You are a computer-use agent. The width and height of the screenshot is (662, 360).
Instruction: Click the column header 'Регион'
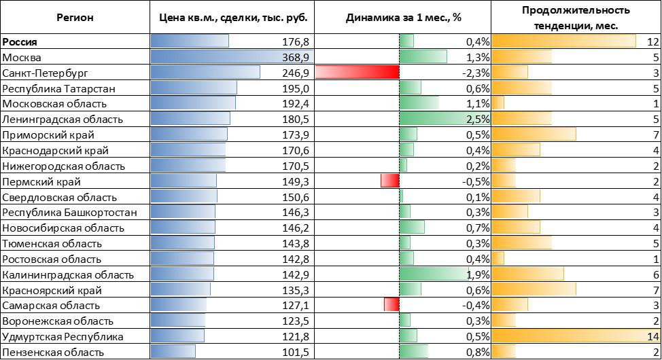click(x=75, y=18)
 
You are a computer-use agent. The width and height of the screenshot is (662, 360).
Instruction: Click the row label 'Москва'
click(x=23, y=57)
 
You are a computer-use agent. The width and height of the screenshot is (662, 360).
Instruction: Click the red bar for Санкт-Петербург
click(x=357, y=73)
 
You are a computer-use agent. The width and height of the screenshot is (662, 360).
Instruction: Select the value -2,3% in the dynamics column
click(x=476, y=73)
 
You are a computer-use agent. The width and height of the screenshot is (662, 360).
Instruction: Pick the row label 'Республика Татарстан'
click(x=59, y=88)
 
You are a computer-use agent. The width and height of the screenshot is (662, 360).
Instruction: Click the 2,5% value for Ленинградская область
click(x=478, y=120)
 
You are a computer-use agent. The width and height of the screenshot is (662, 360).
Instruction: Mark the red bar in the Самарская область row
click(x=391, y=305)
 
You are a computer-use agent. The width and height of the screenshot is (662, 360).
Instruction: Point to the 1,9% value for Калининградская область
click(x=478, y=274)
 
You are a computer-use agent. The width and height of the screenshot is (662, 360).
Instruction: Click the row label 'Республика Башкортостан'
click(x=70, y=213)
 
